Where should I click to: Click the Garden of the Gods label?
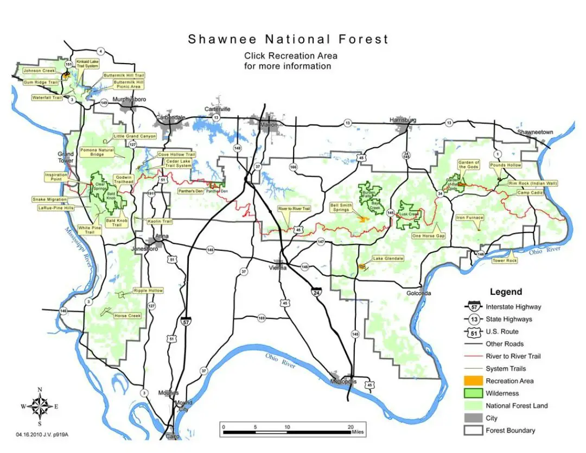pos(468,165)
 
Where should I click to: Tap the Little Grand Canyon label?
pos(135,136)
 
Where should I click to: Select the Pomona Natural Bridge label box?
pos(97,152)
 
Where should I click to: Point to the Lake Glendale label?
pos(388,259)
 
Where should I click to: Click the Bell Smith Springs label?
pos(341,207)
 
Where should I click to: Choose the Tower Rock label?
pos(504,261)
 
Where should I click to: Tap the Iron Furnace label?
pos(469,218)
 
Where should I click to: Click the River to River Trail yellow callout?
pos(294,209)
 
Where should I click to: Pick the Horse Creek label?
pos(127,316)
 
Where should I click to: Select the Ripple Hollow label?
pos(148,291)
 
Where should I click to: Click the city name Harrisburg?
pos(403,119)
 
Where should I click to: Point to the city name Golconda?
pos(418,293)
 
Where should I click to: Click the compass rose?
pos(40,406)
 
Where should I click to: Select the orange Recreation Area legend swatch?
pos(472,381)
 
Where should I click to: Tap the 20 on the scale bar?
pos(351,427)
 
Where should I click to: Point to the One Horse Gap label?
pos(428,236)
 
